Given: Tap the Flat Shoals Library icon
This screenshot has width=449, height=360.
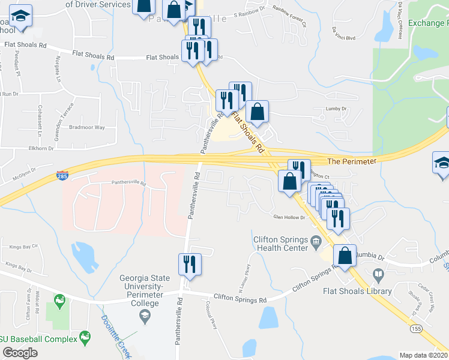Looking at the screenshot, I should (x=378, y=275).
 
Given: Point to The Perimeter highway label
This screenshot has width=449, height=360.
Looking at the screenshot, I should (x=352, y=161).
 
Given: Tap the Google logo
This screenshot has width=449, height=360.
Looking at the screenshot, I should (x=20, y=352).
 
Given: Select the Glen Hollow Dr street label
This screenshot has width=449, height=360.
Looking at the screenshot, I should (x=289, y=218).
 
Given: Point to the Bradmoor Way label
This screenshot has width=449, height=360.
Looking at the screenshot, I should (x=87, y=128).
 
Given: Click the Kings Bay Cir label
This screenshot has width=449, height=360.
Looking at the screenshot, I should (x=23, y=246).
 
